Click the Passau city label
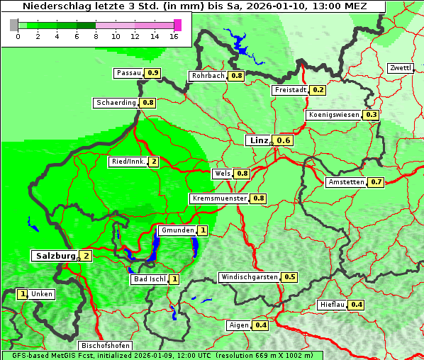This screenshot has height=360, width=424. click(129, 73)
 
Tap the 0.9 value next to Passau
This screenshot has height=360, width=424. click(152, 73)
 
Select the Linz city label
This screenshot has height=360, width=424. click(258, 140)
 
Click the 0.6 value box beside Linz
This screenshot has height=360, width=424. click(284, 140)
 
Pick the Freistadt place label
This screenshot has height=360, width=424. click(290, 90)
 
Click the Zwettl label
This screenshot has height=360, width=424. click(400, 68)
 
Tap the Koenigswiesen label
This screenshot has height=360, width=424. click(334, 115)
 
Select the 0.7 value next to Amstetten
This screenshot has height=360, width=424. click(376, 182)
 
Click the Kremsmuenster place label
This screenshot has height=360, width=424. click(219, 198)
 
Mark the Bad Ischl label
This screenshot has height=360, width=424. click(150, 279)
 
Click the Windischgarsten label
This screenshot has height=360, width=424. click(249, 277)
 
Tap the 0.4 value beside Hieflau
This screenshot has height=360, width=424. click(357, 305)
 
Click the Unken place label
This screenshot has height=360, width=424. click(42, 294)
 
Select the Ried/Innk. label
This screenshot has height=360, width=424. click(128, 162)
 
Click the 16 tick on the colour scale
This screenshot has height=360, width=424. click(174, 36)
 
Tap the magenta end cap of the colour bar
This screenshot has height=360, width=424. click(177, 25)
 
